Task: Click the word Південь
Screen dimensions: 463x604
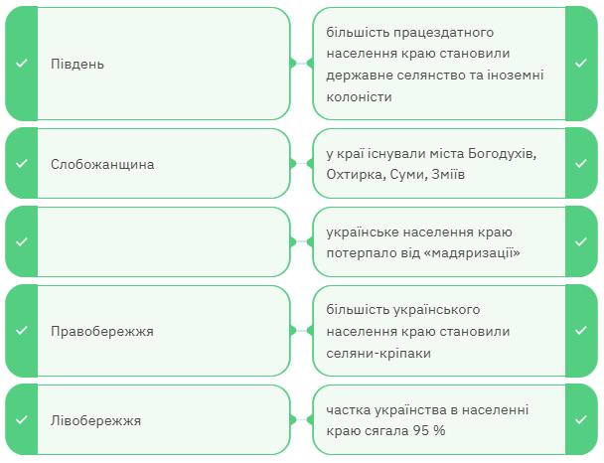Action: tap(77, 65)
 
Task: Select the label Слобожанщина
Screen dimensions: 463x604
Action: tap(102, 164)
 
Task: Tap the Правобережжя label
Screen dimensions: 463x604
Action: tap(101, 331)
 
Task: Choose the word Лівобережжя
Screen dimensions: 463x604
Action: tap(95, 420)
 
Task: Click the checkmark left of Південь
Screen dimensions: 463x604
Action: tap(21, 65)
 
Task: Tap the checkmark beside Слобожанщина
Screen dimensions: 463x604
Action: tap(21, 164)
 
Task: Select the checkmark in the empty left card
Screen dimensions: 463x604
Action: tap(21, 241)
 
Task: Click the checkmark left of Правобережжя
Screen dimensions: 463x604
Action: tap(21, 331)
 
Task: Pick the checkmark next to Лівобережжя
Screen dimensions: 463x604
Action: tap(21, 420)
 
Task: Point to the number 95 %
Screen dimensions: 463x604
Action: tap(429, 431)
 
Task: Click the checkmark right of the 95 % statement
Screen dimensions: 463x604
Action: tap(581, 420)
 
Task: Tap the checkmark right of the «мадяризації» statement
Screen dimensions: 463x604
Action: tap(581, 241)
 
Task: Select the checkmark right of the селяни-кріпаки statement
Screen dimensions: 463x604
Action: tap(581, 331)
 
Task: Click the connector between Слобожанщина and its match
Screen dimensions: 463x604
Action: tap(301, 164)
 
